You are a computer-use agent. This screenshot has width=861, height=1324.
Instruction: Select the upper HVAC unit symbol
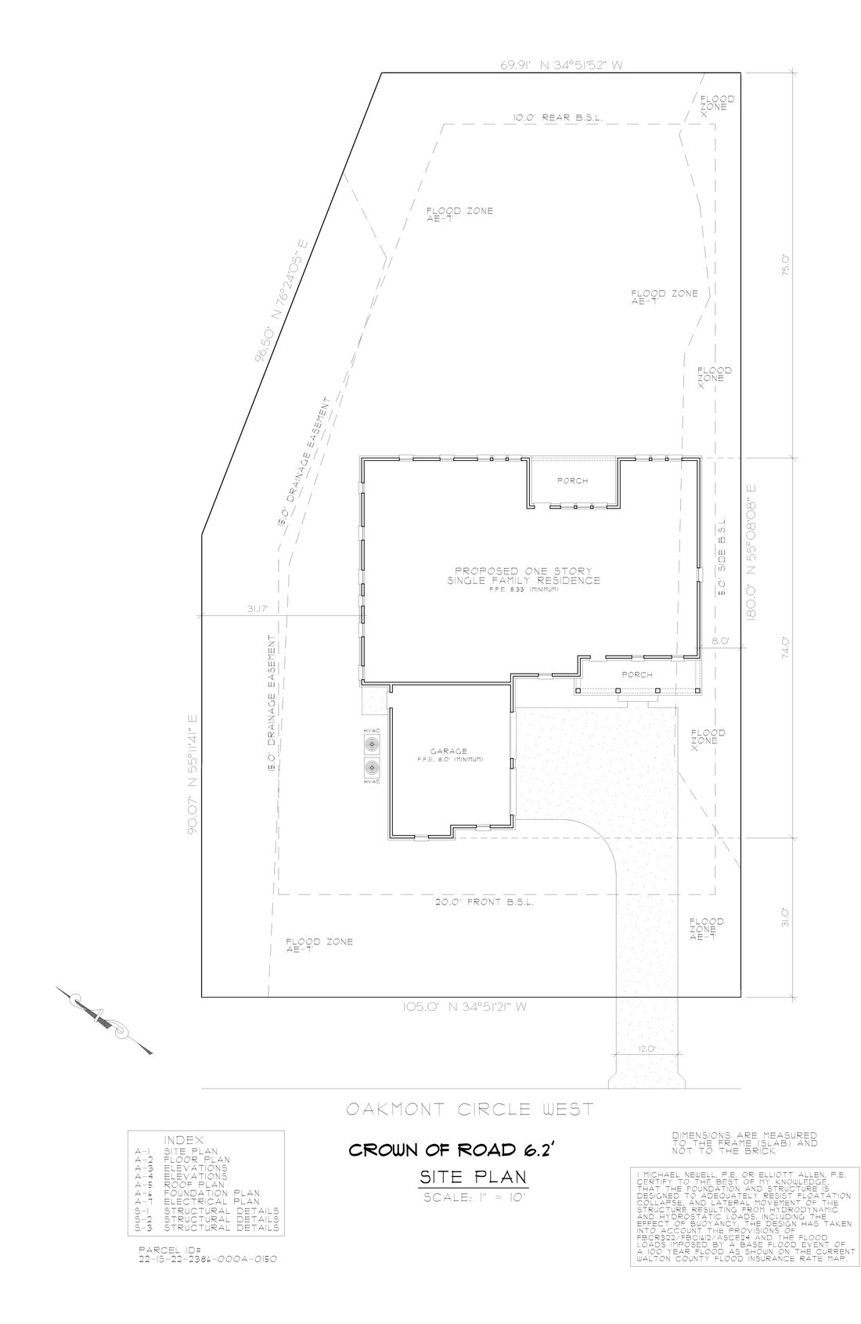click(371, 740)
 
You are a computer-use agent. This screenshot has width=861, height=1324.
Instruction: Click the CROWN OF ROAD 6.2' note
click(456, 1150)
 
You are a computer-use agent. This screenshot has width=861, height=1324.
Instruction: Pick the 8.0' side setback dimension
click(719, 641)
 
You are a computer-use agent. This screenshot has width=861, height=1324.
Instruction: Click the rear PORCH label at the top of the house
click(572, 480)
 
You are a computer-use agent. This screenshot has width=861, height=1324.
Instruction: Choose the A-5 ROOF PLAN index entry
click(180, 1185)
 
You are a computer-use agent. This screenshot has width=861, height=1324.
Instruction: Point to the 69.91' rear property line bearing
click(561, 66)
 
